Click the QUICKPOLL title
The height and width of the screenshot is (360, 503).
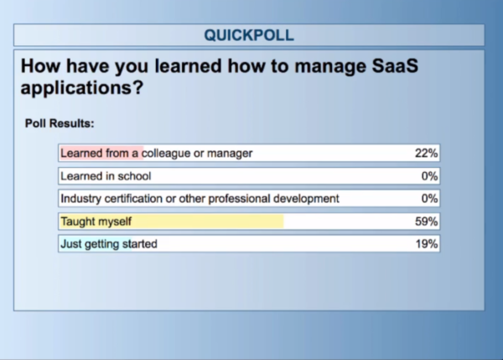click(249, 35)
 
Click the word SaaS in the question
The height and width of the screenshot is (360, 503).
click(395, 65)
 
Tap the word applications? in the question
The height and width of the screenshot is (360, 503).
click(82, 87)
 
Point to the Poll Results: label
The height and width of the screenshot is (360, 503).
click(60, 123)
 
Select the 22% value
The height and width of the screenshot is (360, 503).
click(427, 154)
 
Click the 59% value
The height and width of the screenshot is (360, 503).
click(427, 222)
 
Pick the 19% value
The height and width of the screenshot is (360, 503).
click(427, 244)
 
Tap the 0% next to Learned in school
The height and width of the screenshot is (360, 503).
click(429, 176)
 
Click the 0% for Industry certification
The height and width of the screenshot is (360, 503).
click(429, 199)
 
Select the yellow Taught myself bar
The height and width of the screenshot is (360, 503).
click(172, 222)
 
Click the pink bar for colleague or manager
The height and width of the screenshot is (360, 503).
click(101, 154)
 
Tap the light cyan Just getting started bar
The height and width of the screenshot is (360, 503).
click(96, 244)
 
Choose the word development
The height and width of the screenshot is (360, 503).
click(306, 199)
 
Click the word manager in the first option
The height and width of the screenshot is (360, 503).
click(230, 154)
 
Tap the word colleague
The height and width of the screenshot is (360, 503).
click(166, 154)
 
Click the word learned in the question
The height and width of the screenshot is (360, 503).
click(188, 65)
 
